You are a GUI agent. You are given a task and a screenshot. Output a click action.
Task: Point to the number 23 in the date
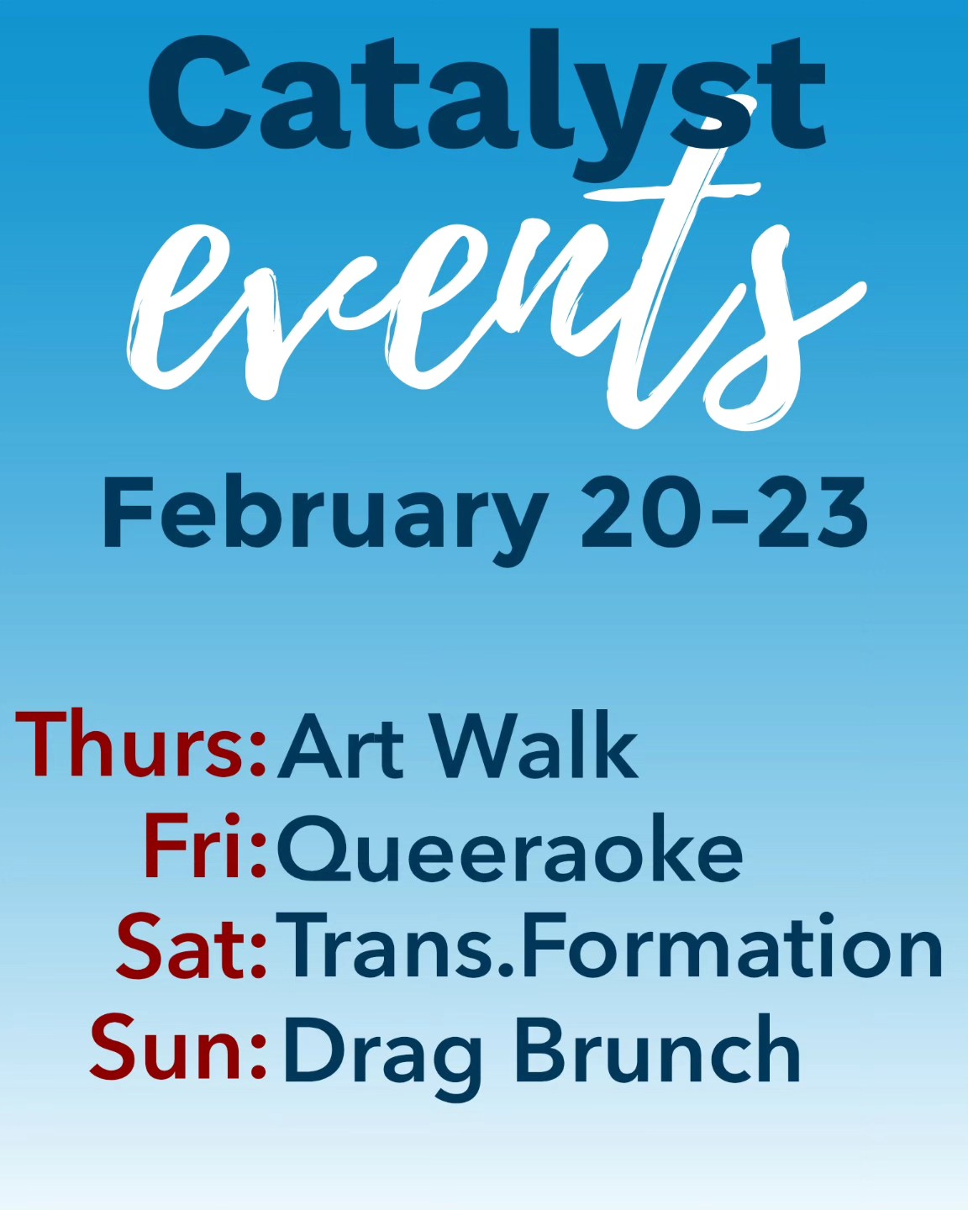click(812, 513)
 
